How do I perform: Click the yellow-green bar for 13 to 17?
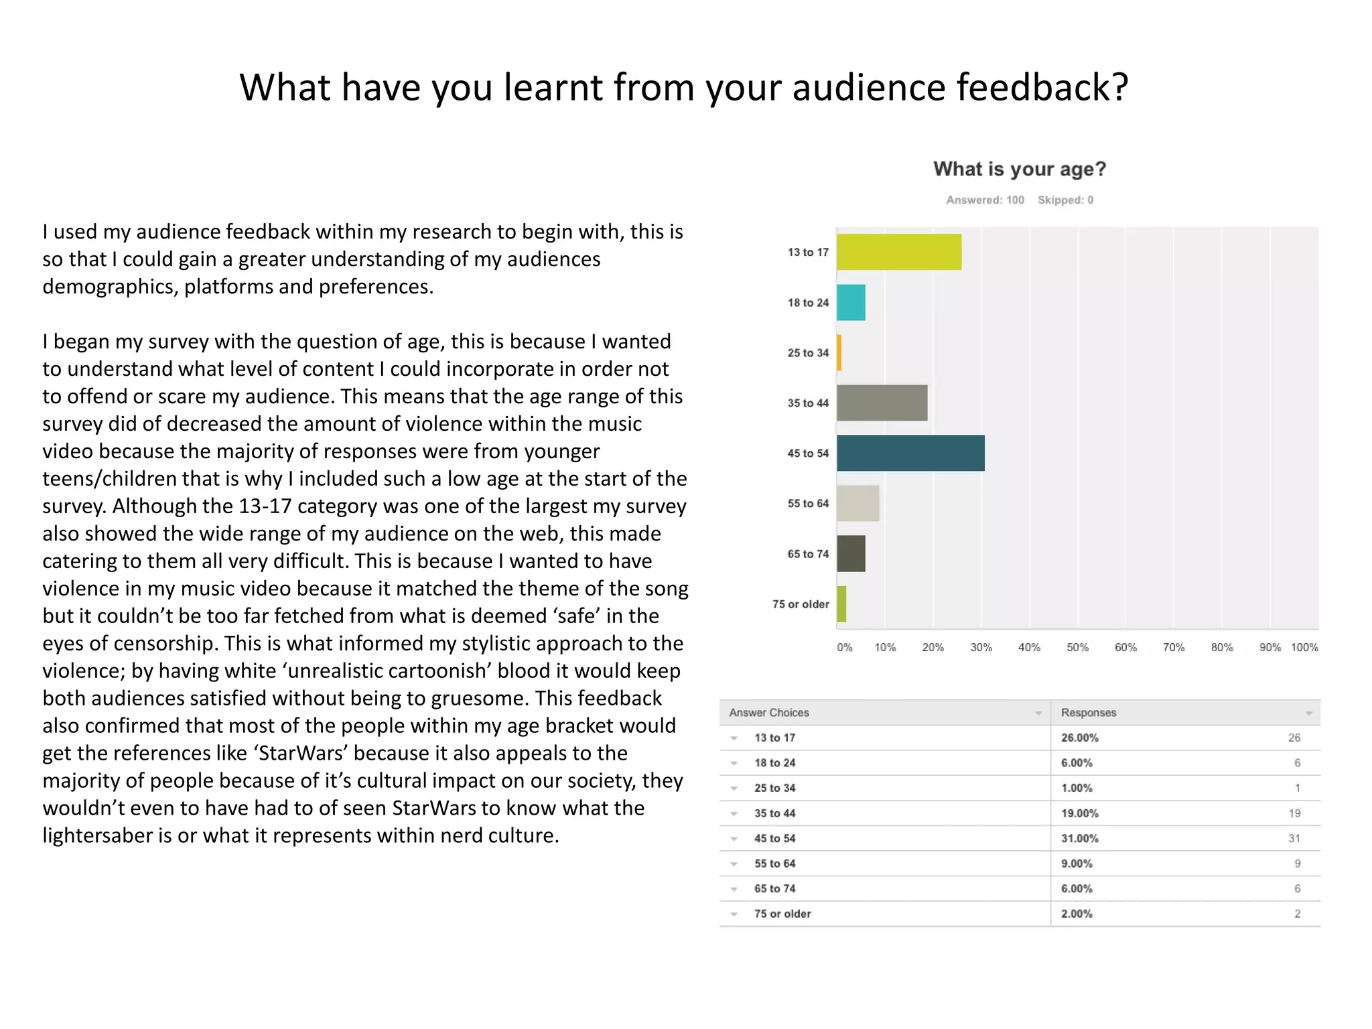(x=898, y=252)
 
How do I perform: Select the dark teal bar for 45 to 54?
(x=910, y=453)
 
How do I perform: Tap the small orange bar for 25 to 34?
(x=839, y=352)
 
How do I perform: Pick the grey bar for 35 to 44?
(x=882, y=403)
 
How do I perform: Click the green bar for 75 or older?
(x=841, y=604)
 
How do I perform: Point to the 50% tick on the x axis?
(x=1077, y=647)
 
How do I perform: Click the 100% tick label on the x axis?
(x=1304, y=647)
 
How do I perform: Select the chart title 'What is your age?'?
(x=1019, y=169)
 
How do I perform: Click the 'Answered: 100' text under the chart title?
(x=985, y=200)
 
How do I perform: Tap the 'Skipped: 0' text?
(x=1065, y=200)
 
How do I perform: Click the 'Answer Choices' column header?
(x=769, y=713)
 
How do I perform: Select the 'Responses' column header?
(x=1089, y=713)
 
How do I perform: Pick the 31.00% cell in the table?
(x=1079, y=838)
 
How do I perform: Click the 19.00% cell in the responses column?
(x=1079, y=813)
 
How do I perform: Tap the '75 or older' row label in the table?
(x=782, y=914)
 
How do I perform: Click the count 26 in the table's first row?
(x=1294, y=738)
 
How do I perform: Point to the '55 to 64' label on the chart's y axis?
(x=808, y=503)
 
